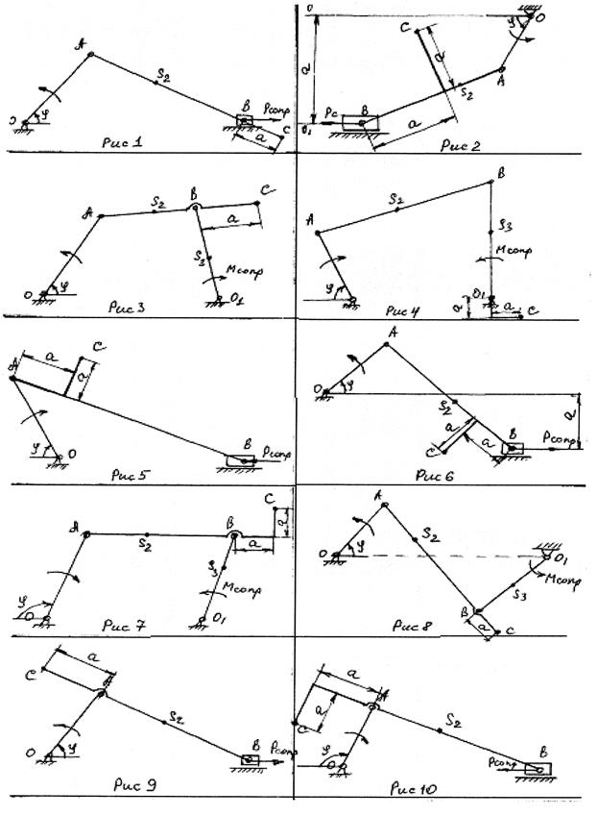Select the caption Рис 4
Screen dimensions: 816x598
398,310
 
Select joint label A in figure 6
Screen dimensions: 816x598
391,333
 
